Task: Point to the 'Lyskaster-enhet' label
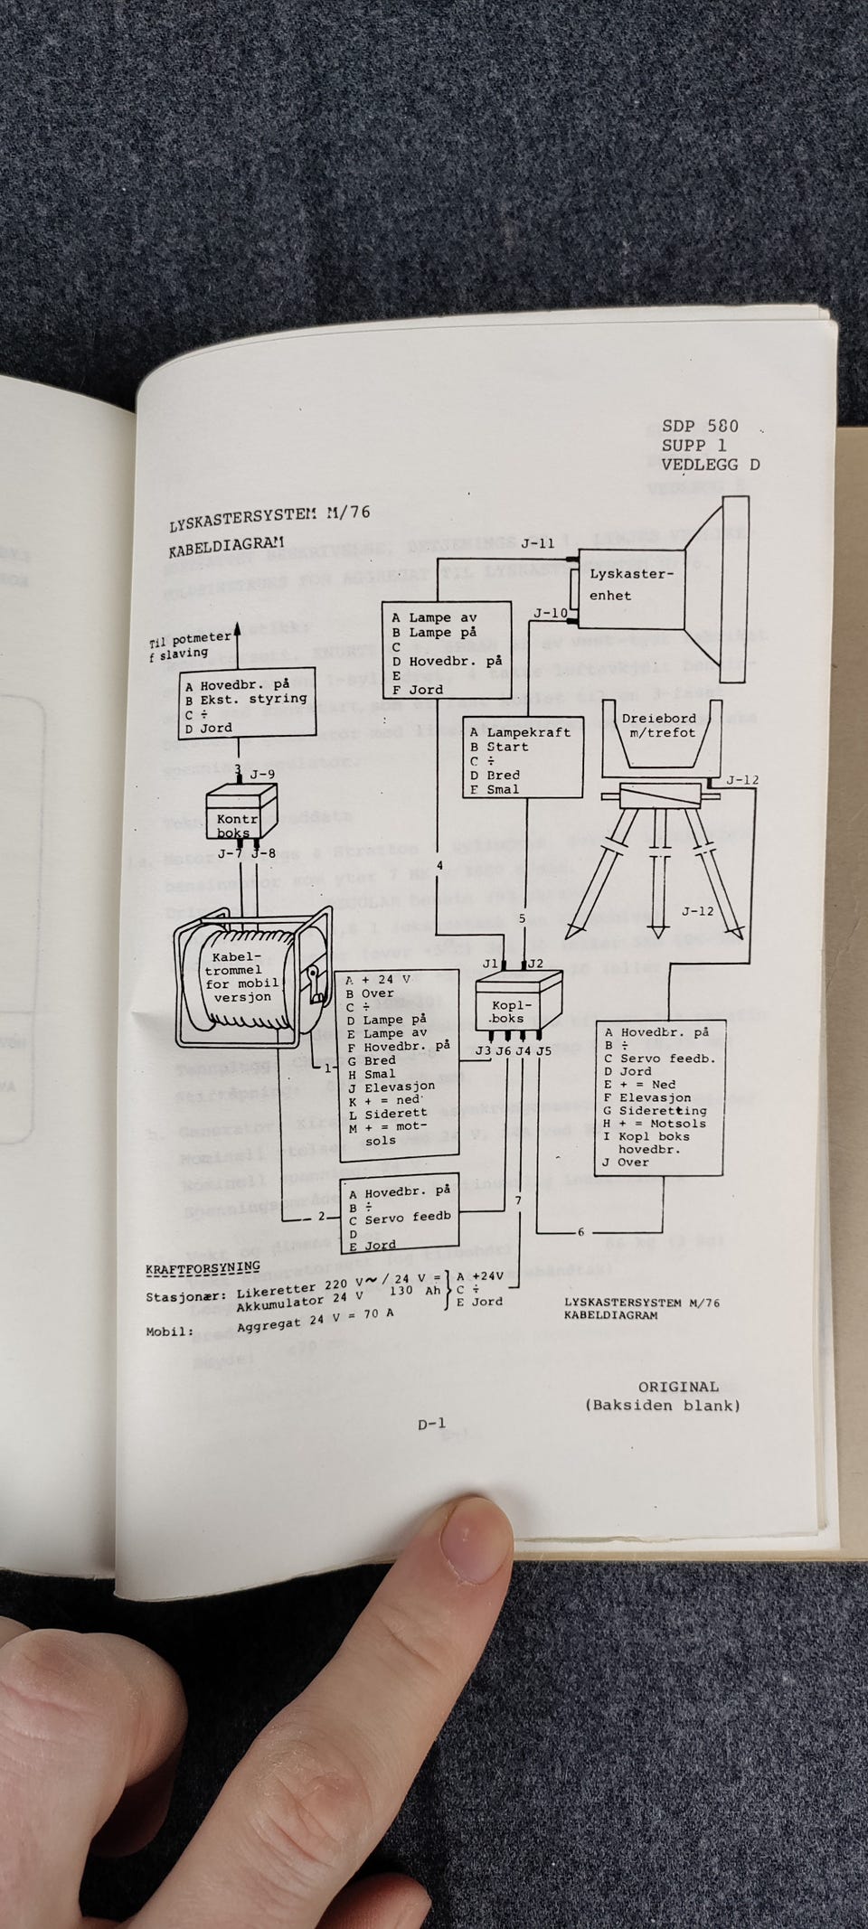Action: click(x=630, y=584)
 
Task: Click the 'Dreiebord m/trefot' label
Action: click(x=658, y=726)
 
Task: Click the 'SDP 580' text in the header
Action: click(x=699, y=426)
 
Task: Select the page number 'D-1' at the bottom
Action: click(x=431, y=1424)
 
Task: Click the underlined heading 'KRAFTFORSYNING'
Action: click(x=203, y=1268)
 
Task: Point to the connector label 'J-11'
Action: click(x=537, y=543)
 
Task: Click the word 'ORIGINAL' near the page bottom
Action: click(x=678, y=1387)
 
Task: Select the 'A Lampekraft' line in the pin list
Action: click(x=521, y=732)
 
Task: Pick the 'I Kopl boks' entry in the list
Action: click(x=646, y=1136)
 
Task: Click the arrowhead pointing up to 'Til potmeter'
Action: click(x=238, y=634)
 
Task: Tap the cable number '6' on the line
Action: click(x=580, y=1232)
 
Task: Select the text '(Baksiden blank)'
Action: click(x=662, y=1406)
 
